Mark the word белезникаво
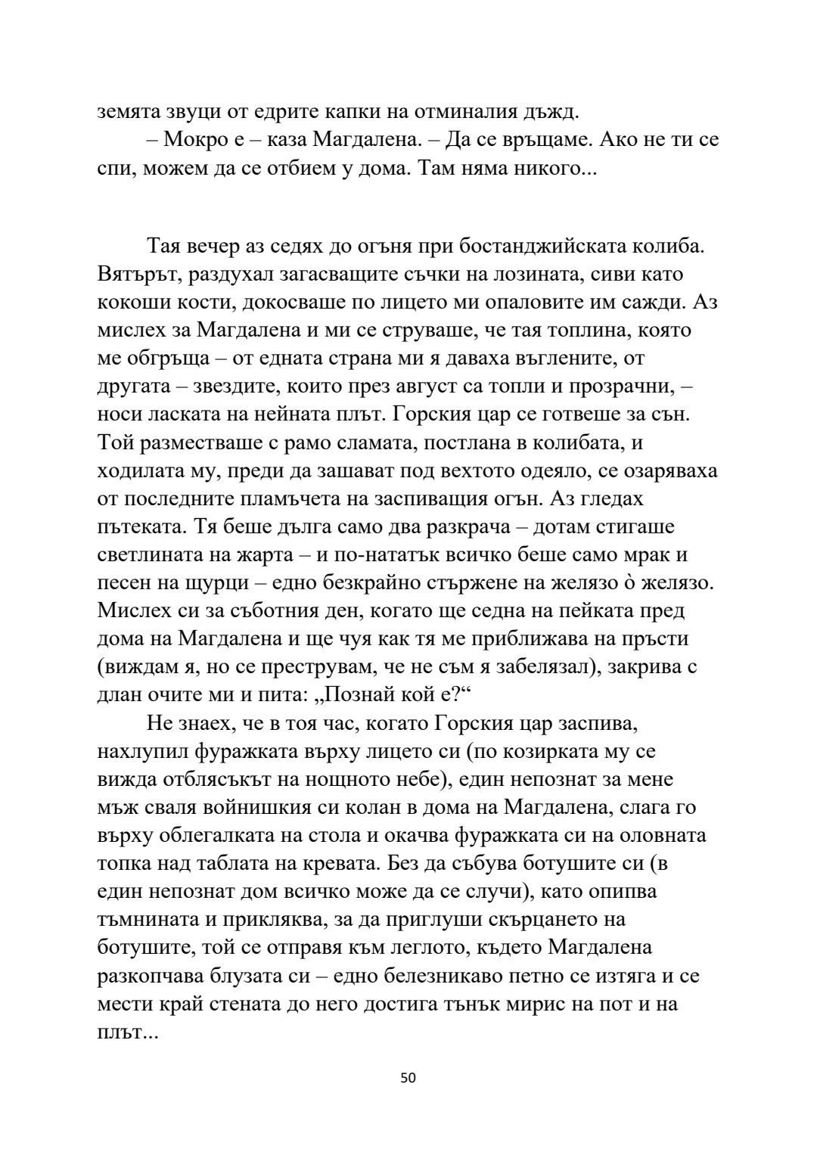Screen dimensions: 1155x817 [449, 975]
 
